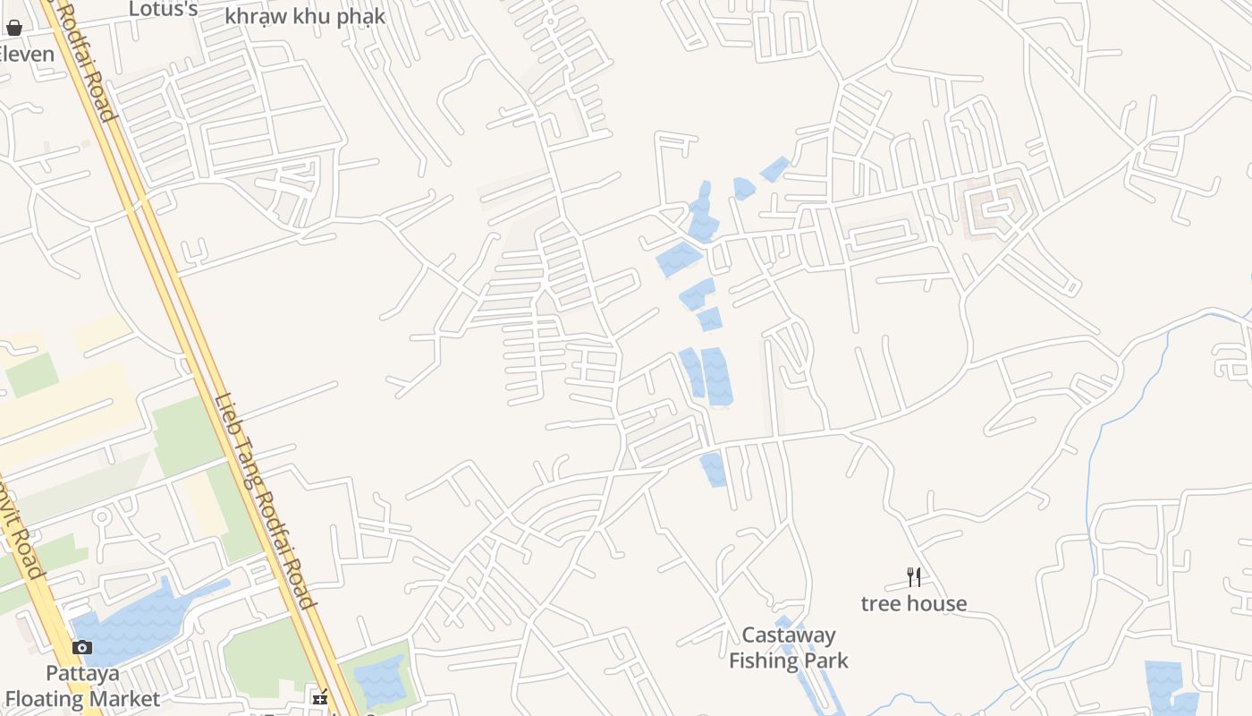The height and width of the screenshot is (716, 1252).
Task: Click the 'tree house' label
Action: coord(913,603)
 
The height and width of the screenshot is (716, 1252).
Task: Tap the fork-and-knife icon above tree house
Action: coord(913,576)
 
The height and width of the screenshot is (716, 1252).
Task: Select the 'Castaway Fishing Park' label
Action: coord(788,648)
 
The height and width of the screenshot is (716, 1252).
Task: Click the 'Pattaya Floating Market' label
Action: coord(82,686)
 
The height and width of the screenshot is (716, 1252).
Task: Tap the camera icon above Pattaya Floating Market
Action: coord(82,647)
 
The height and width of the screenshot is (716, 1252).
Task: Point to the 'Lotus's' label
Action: coord(163,9)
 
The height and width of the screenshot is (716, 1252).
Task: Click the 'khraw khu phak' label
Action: coord(305,16)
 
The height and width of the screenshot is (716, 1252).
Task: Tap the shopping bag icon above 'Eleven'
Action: coord(13,28)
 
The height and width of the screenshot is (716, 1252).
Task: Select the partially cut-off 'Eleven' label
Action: coord(27,54)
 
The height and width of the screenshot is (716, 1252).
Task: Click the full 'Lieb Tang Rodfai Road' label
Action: coord(265,502)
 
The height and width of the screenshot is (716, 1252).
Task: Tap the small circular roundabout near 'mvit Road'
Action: coord(101,516)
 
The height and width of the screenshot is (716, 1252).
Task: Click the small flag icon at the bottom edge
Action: coord(319,697)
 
